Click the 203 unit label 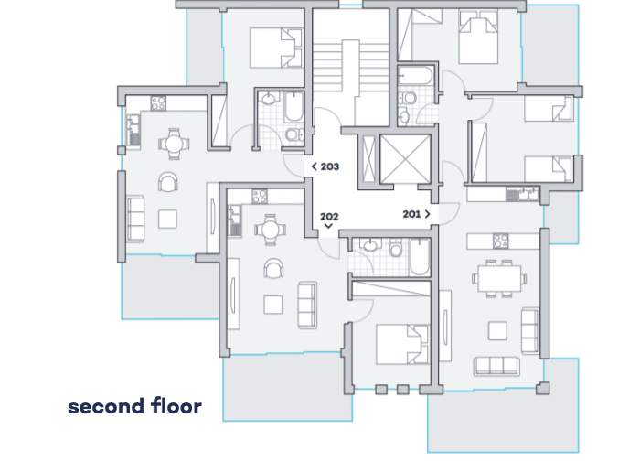click(330, 166)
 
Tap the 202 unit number click(329, 217)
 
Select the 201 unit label click(411, 214)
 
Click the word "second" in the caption click(106, 406)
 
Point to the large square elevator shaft click(405, 159)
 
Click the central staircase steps click(350, 68)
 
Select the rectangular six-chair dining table click(499, 278)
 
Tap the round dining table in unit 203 click(174, 144)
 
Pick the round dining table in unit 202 click(270, 230)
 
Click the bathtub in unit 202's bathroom click(419, 257)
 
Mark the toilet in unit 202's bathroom click(395, 248)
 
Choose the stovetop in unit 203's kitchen click(158, 103)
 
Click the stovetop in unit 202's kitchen click(260, 197)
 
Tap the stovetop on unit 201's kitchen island click(500, 241)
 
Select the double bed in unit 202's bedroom click(403, 344)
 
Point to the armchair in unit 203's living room click(167, 182)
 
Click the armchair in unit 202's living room click(273, 268)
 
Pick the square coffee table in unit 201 click(497, 331)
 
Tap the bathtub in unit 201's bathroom click(415, 76)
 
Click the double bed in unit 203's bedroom click(276, 48)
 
